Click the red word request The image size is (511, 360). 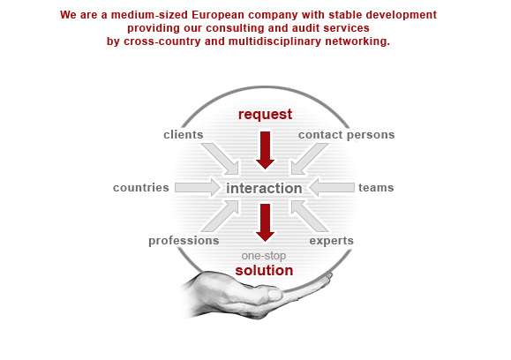click(x=265, y=115)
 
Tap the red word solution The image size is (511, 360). click(x=264, y=270)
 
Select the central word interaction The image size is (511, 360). click(x=264, y=188)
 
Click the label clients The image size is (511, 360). click(x=184, y=134)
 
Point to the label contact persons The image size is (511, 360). click(x=347, y=135)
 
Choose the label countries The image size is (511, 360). click(x=141, y=188)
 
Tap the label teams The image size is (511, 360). click(x=376, y=188)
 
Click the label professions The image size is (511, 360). click(x=184, y=241)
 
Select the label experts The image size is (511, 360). click(x=332, y=241)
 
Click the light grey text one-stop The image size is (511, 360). click(x=264, y=256)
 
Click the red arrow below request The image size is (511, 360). click(x=266, y=151)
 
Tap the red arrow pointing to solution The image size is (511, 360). click(x=266, y=223)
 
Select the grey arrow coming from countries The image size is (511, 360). click(x=198, y=187)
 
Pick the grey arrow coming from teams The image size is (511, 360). click(x=332, y=187)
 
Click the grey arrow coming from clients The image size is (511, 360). click(x=222, y=159)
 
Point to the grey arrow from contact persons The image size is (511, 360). click(x=309, y=159)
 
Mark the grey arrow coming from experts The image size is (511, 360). click(x=309, y=216)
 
